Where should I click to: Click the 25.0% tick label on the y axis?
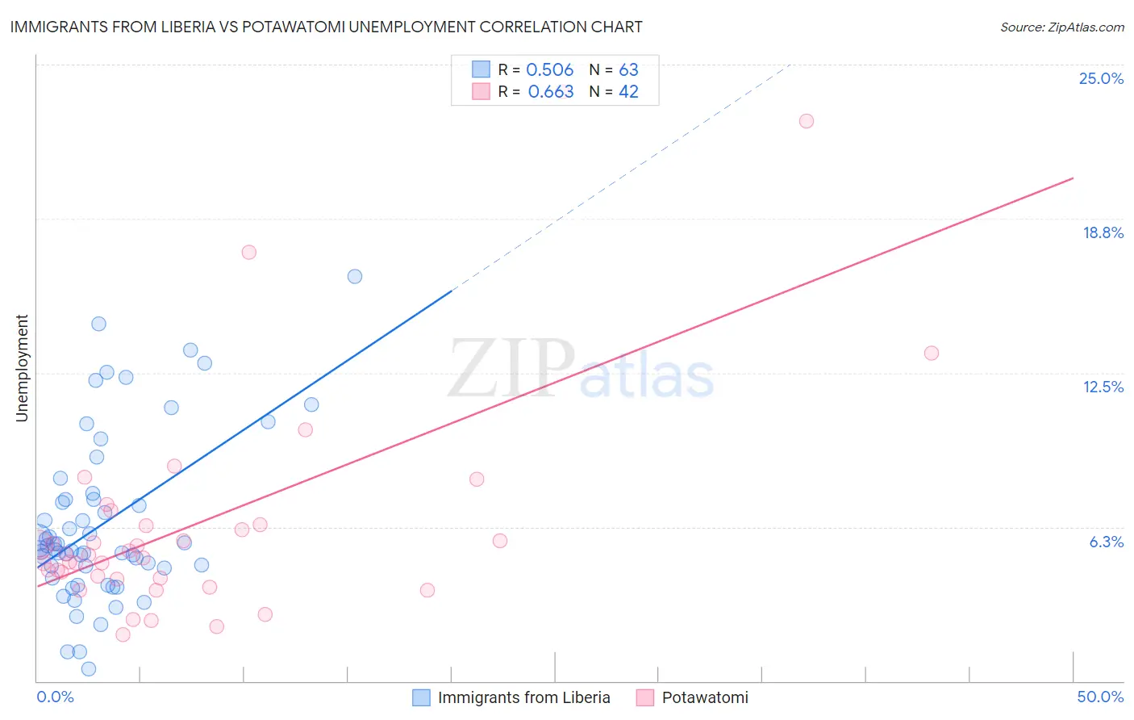coord(1101,78)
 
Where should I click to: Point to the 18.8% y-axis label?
coord(1103,232)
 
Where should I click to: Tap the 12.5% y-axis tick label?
coord(1103,387)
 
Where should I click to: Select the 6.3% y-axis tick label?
coord(1106,542)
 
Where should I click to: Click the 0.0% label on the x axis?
coord(55,697)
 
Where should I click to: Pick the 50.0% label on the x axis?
coord(1100,697)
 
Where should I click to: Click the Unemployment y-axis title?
coord(22,368)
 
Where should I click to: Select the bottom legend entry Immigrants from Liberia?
coord(523,697)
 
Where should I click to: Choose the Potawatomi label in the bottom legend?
coord(704,697)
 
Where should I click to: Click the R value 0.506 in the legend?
coord(549,70)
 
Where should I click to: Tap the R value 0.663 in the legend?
coord(551,92)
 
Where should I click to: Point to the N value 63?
coord(628,70)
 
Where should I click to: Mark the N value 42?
coord(628,92)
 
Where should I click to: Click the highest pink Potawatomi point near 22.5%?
coord(807,121)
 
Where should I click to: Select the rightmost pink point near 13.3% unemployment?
coord(932,353)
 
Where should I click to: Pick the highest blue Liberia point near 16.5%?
coord(355,276)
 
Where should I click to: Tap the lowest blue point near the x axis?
coord(89,668)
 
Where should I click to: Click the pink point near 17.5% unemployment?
coord(249,252)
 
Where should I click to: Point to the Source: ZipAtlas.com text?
coord(1061,27)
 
